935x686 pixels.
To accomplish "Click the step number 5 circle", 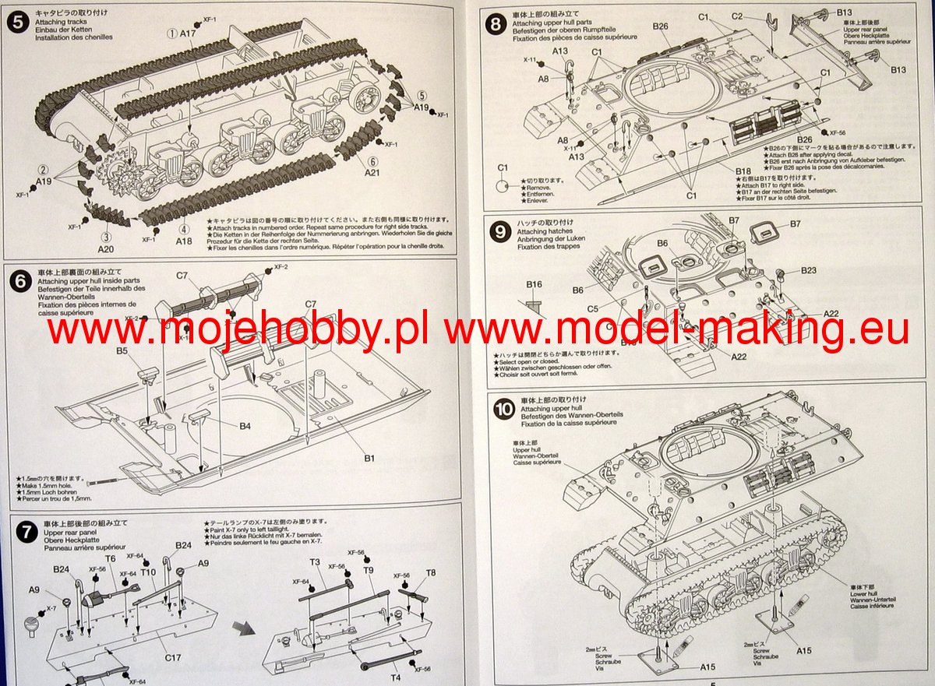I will [x=17, y=21].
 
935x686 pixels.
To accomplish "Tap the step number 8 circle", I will [x=494, y=23].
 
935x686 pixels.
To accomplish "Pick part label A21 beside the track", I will [x=372, y=173].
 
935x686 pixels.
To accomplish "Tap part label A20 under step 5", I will [x=106, y=248].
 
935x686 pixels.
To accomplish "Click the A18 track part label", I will [x=184, y=241].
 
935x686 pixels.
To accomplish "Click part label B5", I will [x=122, y=351].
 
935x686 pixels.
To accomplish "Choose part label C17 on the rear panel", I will [x=173, y=658].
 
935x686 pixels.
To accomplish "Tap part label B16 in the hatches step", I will [x=534, y=284].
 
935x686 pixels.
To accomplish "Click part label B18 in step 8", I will [x=743, y=170].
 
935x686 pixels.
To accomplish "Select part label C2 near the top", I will [x=738, y=16].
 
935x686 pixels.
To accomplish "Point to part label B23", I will [x=808, y=270].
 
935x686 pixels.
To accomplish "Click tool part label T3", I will [x=315, y=562].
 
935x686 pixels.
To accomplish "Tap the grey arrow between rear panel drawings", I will [x=247, y=628].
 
